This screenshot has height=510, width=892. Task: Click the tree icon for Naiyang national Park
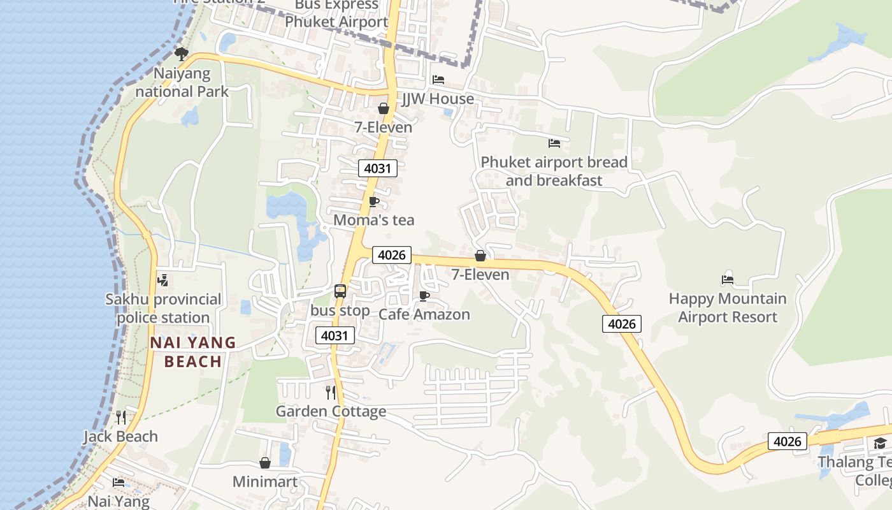pos(182,54)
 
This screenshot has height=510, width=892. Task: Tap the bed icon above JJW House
pos(438,80)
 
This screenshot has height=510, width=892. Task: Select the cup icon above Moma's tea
pos(374,202)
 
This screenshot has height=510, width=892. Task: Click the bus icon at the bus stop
pos(340,291)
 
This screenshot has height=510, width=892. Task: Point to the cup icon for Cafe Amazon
pos(424,296)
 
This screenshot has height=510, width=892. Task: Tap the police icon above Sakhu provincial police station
pos(162,280)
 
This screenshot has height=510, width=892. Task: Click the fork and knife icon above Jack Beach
pos(121,418)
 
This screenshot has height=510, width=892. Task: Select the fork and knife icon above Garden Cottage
pos(330,392)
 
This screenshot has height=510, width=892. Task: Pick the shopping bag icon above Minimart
pos(265,462)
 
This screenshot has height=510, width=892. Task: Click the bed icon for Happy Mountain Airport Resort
pos(728,279)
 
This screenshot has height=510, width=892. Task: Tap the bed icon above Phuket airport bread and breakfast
pos(554,143)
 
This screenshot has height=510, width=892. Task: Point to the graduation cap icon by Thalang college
pos(880,443)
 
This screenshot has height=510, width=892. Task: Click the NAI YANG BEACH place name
pos(193,352)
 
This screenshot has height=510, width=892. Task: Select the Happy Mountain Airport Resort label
pos(728,308)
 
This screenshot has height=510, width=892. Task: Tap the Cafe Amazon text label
pos(424,314)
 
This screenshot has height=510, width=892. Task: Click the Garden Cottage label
pos(331,411)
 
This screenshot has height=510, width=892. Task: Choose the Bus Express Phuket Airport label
pos(336,13)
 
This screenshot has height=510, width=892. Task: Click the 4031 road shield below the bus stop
pos(335,335)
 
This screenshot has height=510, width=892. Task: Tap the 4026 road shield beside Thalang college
pos(788,441)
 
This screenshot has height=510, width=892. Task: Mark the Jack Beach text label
pos(120,437)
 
